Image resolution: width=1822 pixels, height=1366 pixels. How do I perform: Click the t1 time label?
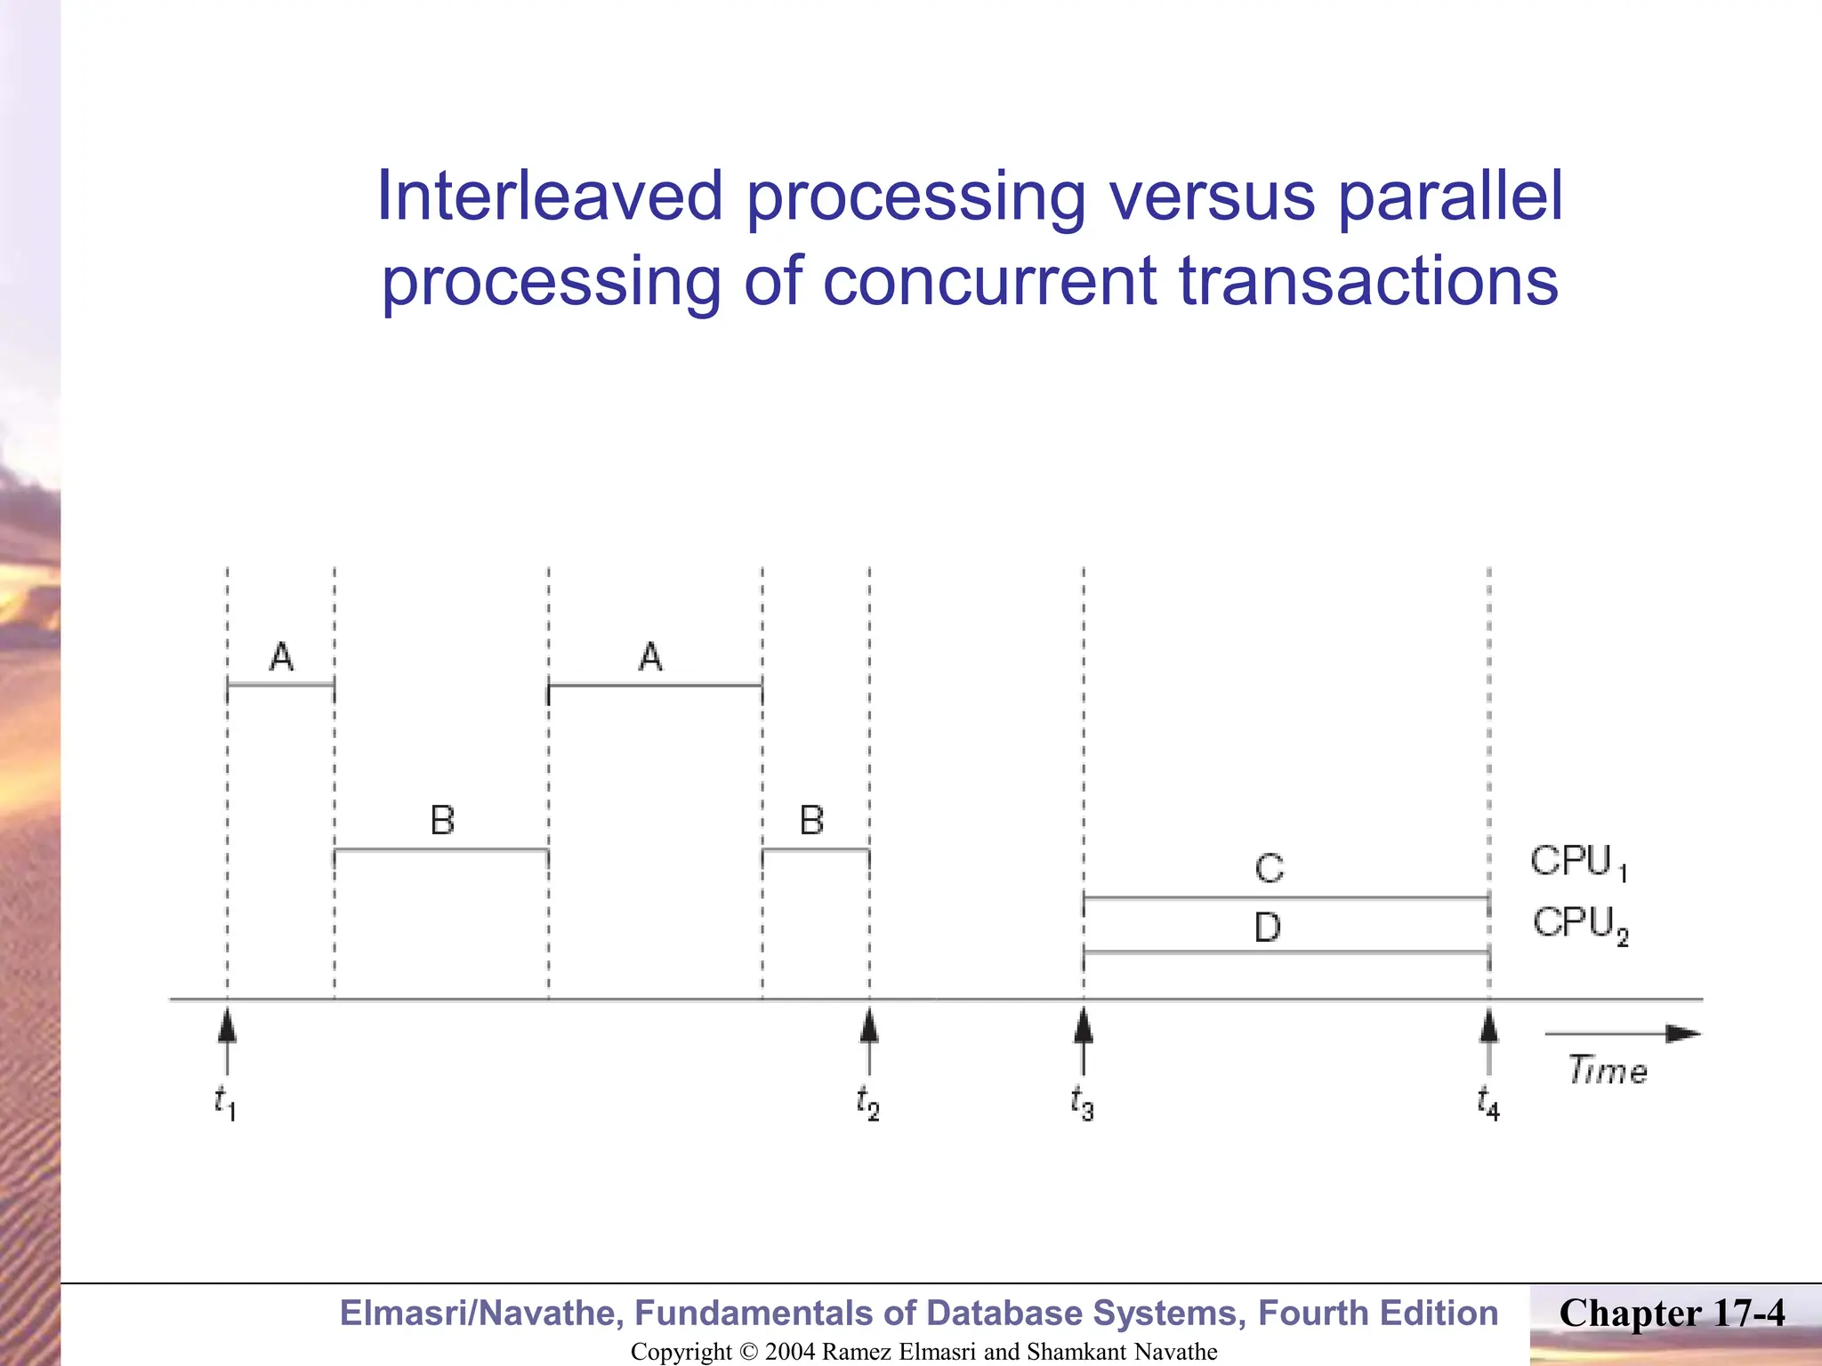click(225, 1103)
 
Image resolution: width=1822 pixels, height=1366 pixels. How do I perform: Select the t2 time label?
click(867, 1103)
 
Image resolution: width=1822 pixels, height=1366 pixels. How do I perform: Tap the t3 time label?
click(1082, 1103)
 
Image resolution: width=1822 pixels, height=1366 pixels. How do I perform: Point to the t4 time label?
click(1487, 1103)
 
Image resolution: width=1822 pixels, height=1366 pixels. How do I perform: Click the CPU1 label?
click(1578, 862)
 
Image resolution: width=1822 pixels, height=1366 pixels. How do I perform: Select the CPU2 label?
click(1580, 924)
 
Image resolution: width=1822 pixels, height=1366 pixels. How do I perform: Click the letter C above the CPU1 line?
click(1270, 868)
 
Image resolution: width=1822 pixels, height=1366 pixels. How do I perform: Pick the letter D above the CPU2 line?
click(1268, 928)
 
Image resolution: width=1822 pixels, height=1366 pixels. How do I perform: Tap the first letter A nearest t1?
click(281, 657)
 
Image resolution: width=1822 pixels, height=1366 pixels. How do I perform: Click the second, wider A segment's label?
click(650, 657)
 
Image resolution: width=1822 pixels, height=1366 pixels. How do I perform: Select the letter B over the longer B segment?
click(442, 820)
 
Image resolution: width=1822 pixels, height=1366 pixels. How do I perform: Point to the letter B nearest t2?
click(811, 820)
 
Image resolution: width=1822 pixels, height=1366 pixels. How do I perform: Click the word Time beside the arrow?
click(1607, 1070)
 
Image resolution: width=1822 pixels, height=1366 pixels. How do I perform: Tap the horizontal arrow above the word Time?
click(1621, 1033)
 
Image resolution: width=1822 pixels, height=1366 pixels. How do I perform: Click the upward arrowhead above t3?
click(1083, 1026)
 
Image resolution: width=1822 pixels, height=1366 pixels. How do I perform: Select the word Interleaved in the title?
click(549, 197)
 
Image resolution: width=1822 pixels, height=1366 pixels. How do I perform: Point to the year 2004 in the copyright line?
click(790, 1352)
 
